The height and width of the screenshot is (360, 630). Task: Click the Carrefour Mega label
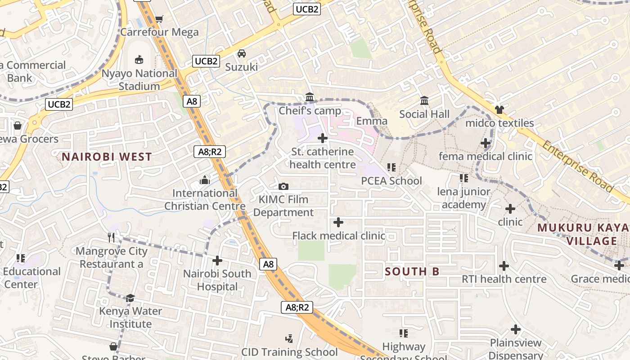(x=159, y=32)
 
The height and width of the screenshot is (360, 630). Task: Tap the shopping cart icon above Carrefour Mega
(x=159, y=19)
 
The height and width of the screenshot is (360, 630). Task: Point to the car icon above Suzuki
(x=242, y=54)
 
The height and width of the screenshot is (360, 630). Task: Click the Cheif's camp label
(x=310, y=111)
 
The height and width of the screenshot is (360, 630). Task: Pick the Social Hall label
(x=424, y=114)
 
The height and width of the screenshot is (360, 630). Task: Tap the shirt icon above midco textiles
(x=499, y=109)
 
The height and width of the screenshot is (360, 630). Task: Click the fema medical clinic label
(x=485, y=156)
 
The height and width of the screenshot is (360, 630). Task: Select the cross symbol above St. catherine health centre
(x=323, y=138)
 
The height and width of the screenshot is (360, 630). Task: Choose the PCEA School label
(x=391, y=181)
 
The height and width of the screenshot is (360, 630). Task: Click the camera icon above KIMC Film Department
(x=283, y=186)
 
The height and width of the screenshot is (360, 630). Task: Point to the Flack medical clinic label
(x=338, y=236)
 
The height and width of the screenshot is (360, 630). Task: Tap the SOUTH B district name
(x=412, y=271)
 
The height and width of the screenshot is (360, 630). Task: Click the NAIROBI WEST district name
(x=107, y=157)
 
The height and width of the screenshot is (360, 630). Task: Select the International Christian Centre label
(x=205, y=200)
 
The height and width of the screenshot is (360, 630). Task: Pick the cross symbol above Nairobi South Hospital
(x=217, y=261)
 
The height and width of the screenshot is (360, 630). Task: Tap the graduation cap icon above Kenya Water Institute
(x=130, y=298)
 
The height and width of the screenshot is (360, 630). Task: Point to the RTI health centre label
(x=504, y=279)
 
